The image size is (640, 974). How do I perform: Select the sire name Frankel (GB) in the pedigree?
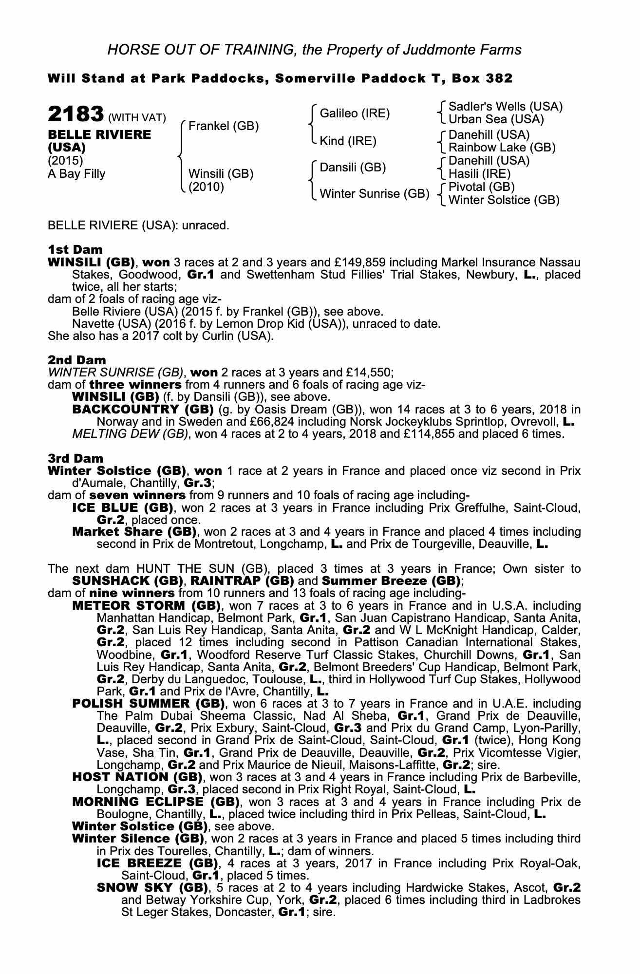[x=223, y=126]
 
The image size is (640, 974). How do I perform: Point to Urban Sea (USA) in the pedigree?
[x=496, y=119]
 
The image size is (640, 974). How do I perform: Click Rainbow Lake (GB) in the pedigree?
[x=502, y=147]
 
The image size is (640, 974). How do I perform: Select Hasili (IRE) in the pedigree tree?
[x=479, y=174]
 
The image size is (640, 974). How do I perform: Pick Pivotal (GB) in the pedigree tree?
[x=481, y=187]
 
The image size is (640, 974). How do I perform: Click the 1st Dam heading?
[x=75, y=250]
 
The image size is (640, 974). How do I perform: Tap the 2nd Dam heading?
[x=76, y=360]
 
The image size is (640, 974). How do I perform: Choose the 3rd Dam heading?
[x=75, y=458]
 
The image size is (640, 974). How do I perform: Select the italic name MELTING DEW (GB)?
[x=130, y=434]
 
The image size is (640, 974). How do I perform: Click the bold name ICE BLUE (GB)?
[x=123, y=508]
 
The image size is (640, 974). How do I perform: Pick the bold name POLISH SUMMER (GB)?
[x=148, y=704]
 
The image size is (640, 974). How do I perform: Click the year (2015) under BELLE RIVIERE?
[x=65, y=160]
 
